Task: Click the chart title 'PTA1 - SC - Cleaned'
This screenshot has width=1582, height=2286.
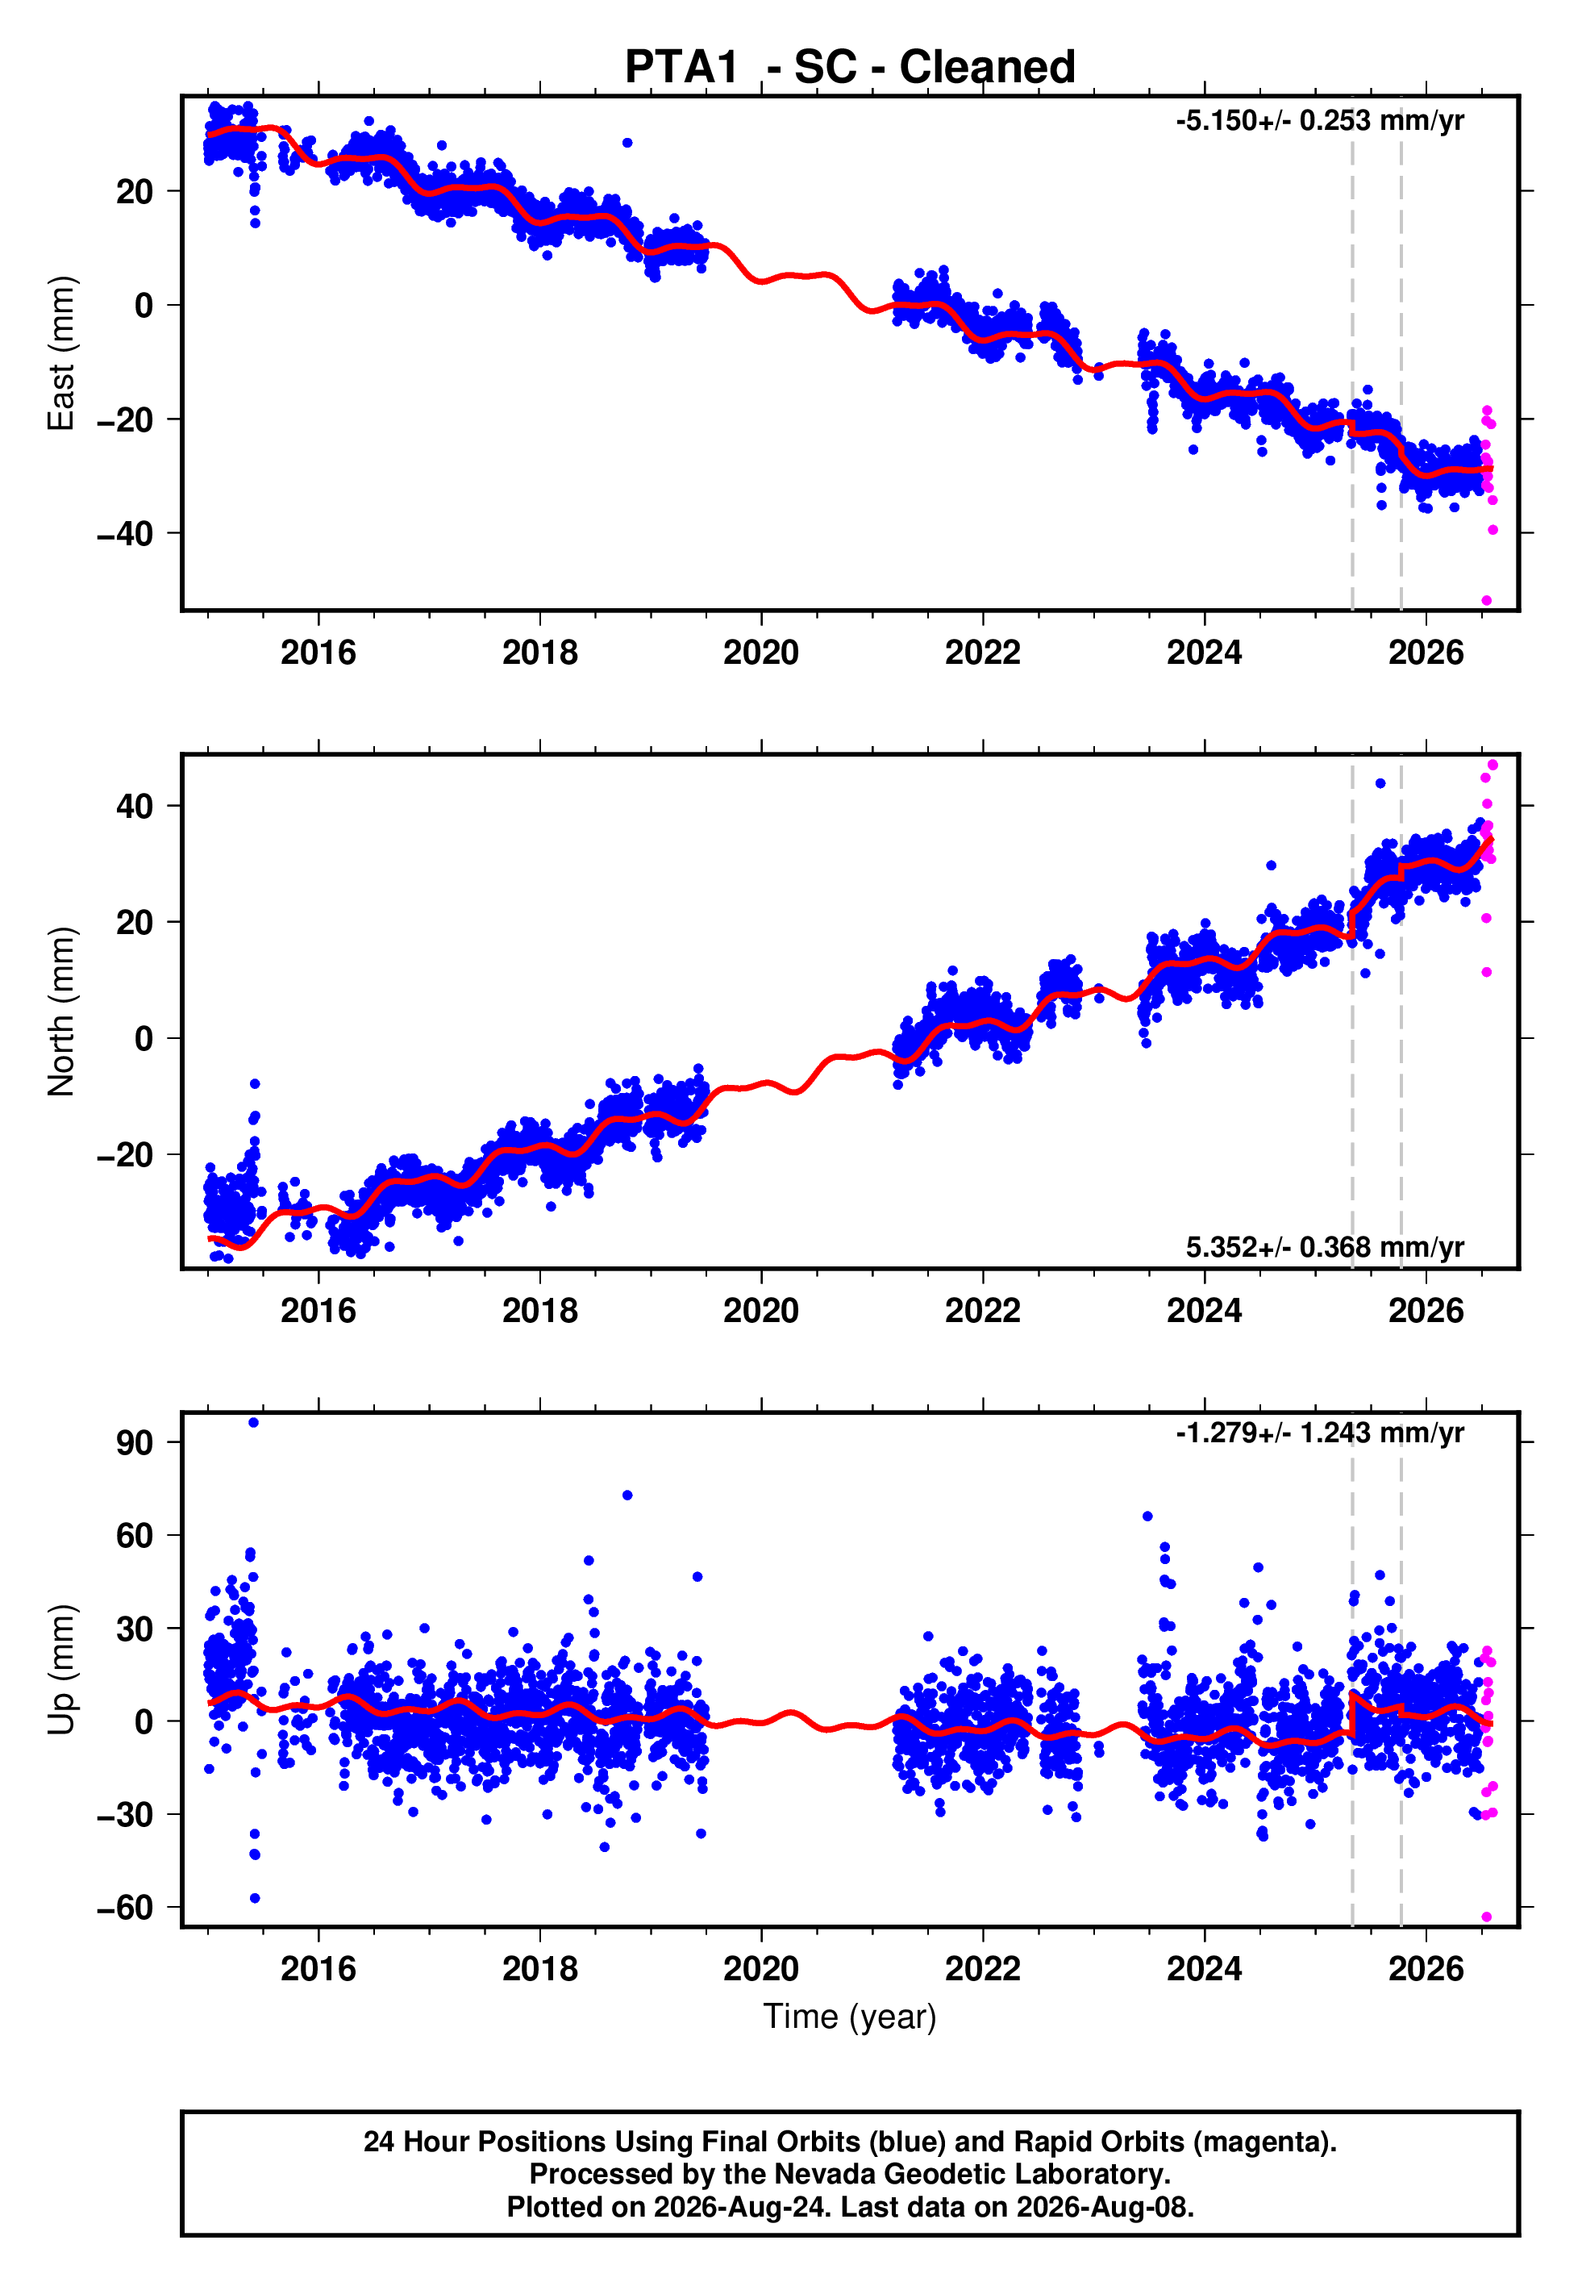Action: click(850, 68)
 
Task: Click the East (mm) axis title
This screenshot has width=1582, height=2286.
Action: click(61, 353)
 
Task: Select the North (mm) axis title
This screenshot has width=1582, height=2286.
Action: click(61, 1012)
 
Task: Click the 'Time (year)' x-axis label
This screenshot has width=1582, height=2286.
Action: click(850, 2017)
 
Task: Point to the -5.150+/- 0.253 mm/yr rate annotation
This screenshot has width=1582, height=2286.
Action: click(1319, 121)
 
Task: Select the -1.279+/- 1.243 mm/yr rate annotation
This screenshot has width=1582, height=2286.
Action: click(1319, 1433)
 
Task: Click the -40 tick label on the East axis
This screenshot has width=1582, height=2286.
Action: click(125, 534)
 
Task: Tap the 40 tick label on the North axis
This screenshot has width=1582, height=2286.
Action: click(135, 806)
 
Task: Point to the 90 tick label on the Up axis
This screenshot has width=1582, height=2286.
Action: click(135, 1442)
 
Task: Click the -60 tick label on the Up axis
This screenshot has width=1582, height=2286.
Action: click(125, 1908)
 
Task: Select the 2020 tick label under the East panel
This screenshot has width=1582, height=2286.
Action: click(761, 653)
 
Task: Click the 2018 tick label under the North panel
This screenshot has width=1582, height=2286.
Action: click(540, 1311)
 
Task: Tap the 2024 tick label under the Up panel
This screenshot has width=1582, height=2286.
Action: click(1205, 1969)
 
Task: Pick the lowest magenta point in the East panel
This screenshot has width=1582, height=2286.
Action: click(1487, 601)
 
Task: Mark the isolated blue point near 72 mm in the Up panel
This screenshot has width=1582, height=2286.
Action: click(627, 1495)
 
